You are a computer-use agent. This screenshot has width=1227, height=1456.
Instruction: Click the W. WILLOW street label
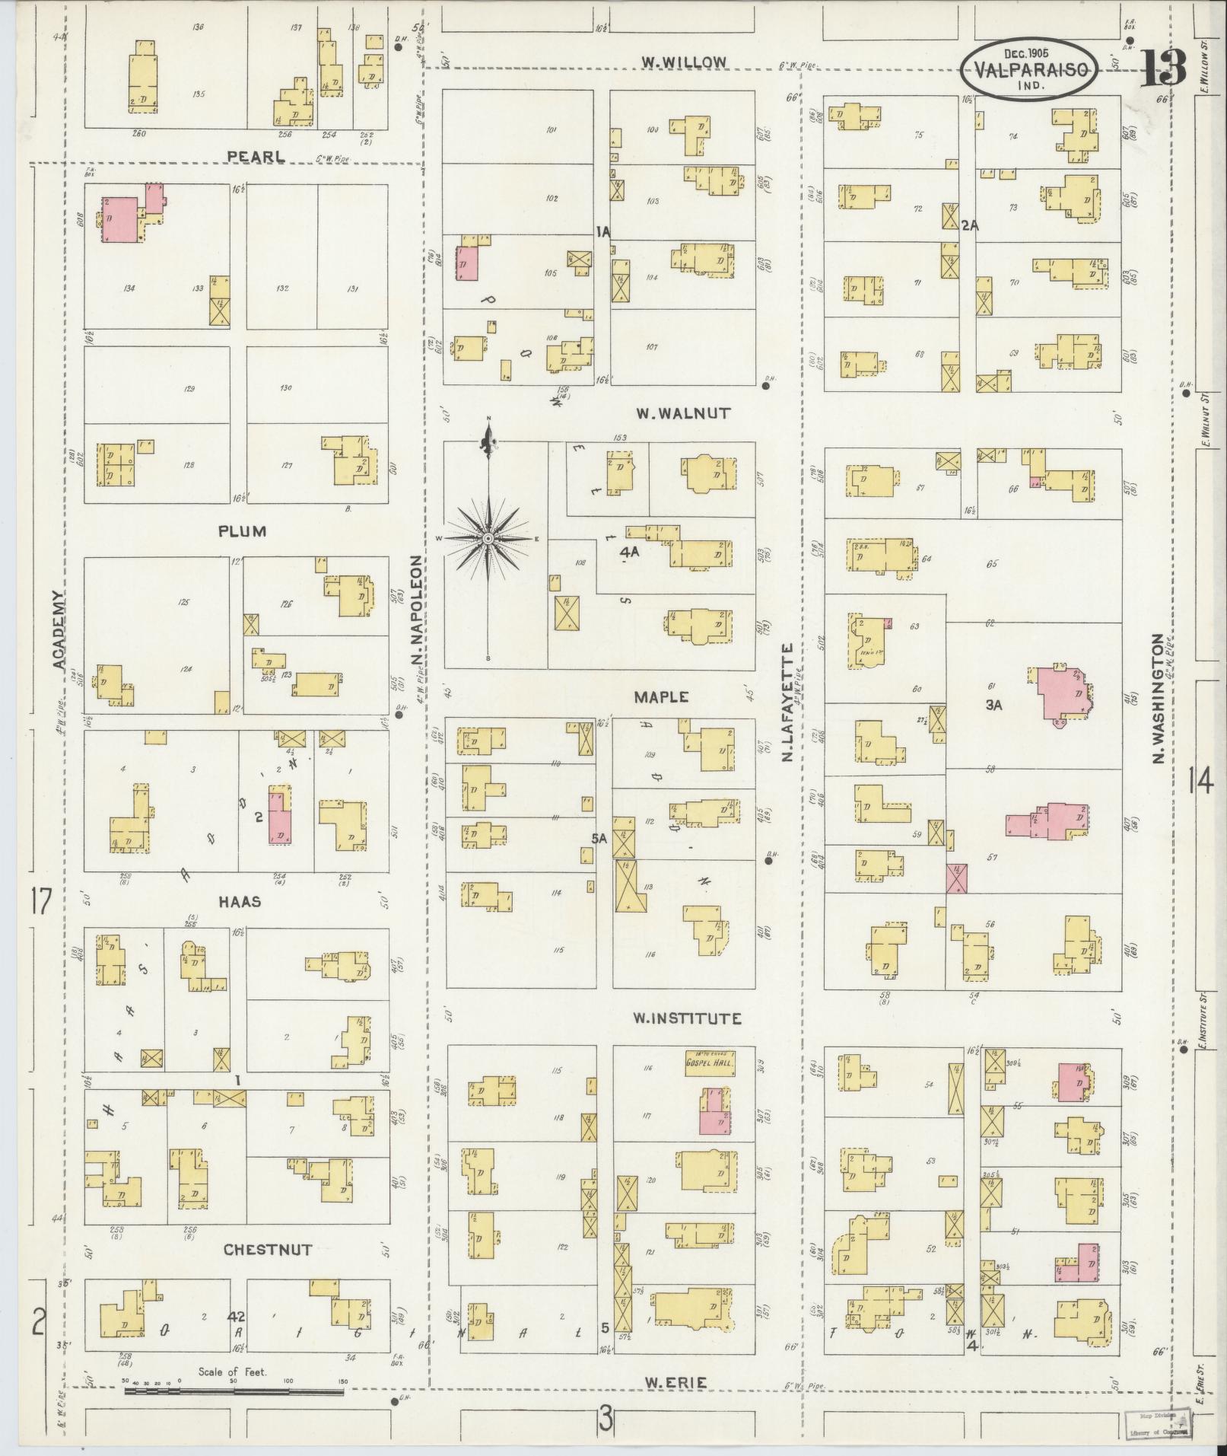tap(684, 62)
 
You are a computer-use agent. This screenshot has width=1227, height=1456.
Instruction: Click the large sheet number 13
tap(1163, 68)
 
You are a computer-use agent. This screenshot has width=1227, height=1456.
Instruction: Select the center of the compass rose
tap(488, 539)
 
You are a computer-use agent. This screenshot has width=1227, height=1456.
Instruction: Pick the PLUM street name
tap(242, 530)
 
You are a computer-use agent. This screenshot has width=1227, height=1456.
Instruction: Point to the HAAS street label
tap(240, 901)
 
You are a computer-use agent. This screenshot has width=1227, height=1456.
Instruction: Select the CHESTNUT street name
tap(268, 1249)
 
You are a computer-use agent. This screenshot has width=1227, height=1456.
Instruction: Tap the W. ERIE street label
tap(675, 1381)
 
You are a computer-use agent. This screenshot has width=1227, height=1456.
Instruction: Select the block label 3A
tap(994, 705)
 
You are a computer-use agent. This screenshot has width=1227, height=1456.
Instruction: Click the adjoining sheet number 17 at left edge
tap(40, 903)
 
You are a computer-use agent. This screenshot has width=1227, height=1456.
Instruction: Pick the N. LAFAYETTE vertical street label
tap(788, 702)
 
